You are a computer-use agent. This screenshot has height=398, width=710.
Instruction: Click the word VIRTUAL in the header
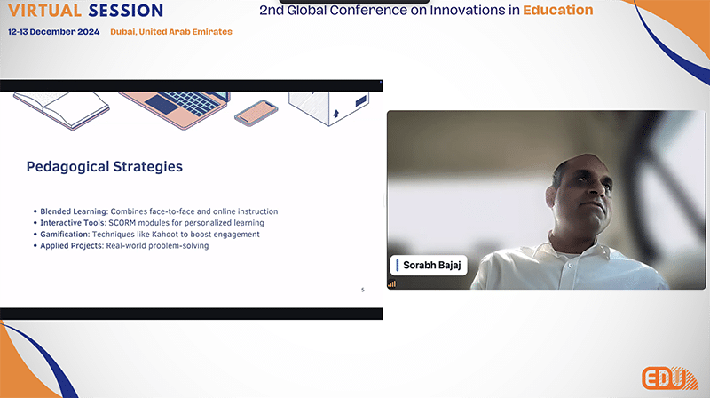click(x=45, y=11)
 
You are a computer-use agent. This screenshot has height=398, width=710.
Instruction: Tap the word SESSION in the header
click(x=126, y=11)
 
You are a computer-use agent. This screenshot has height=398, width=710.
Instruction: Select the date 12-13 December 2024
click(x=54, y=32)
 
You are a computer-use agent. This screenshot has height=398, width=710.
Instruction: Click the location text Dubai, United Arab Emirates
click(x=171, y=32)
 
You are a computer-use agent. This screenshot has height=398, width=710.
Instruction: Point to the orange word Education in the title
click(x=558, y=10)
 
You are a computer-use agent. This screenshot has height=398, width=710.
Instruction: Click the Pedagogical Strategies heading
click(x=105, y=167)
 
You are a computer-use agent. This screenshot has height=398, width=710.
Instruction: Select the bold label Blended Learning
click(x=75, y=211)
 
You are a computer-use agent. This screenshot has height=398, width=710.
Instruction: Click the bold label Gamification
click(x=65, y=235)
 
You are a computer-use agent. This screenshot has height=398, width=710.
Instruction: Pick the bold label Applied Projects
click(x=72, y=246)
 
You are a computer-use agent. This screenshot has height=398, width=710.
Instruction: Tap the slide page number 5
click(x=363, y=290)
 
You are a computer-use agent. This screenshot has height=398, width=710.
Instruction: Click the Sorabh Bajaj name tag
click(x=429, y=265)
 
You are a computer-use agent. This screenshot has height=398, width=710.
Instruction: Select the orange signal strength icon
click(x=391, y=284)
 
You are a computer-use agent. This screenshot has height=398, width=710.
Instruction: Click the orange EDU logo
click(x=670, y=378)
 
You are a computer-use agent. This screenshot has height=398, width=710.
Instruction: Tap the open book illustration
click(x=61, y=109)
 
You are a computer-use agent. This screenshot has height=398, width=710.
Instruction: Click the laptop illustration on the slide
click(x=175, y=108)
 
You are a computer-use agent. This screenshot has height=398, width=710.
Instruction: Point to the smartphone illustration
click(x=256, y=114)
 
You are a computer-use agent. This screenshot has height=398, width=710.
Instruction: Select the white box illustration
click(x=329, y=107)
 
